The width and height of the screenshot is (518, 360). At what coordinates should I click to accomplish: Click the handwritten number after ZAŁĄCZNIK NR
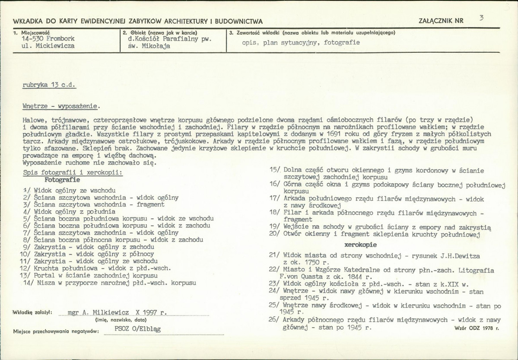[x=481, y=18]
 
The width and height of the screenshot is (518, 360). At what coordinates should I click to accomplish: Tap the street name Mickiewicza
[x=55, y=45]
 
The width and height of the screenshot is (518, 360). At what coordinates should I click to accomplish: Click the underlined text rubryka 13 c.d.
[x=49, y=85]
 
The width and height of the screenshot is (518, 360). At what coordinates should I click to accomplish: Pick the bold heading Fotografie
[x=62, y=179]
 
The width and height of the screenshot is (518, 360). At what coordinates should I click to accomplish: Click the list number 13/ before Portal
[x=25, y=275]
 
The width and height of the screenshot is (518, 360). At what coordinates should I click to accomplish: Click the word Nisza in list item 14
[x=46, y=283]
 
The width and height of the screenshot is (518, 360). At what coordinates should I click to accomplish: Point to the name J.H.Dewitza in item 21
[x=458, y=256]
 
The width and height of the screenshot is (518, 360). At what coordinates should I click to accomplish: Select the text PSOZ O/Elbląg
[x=138, y=329]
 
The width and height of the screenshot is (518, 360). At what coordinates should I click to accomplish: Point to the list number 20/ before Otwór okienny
[x=274, y=234]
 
